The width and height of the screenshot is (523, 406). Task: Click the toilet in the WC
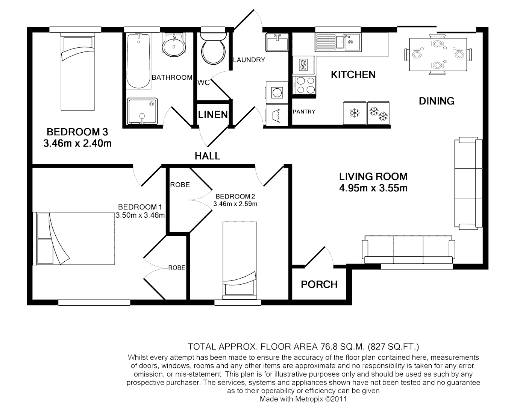pos(213,49)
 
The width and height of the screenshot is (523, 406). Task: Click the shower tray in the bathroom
pos(142,111)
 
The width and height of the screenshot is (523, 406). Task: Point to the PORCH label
pos(319,285)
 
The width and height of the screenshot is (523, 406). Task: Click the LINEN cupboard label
pos(213,115)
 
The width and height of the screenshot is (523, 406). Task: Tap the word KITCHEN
pos(353,75)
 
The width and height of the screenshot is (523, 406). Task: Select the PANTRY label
pos(304,112)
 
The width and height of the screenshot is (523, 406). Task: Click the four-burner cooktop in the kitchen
pos(304,85)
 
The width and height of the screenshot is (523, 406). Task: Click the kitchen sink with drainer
pos(338,42)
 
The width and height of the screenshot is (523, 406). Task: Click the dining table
pos(438,55)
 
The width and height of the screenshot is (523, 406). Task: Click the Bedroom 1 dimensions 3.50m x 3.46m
pos(140,215)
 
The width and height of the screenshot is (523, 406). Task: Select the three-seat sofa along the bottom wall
pos(408,250)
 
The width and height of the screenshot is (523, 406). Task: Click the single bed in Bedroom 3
pos(77,72)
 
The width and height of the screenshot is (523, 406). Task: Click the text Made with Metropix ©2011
pos(303,399)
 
